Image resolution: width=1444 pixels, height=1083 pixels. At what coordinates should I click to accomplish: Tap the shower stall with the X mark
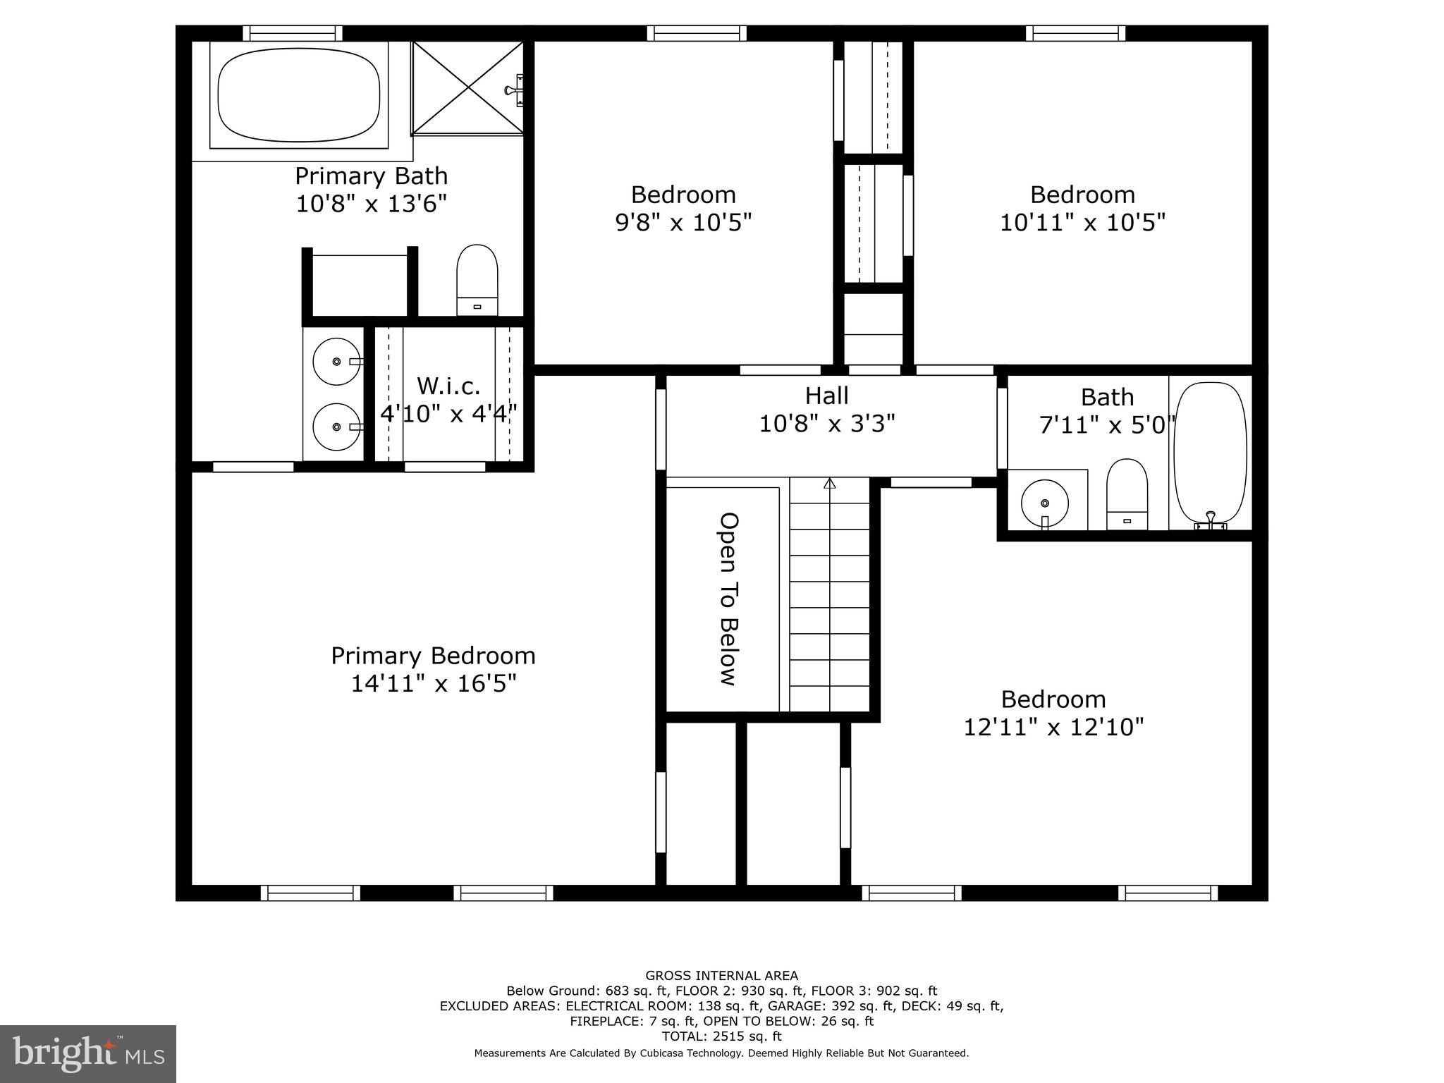pyautogui.click(x=468, y=87)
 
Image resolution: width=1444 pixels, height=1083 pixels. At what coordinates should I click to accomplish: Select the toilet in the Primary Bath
pyautogui.click(x=477, y=280)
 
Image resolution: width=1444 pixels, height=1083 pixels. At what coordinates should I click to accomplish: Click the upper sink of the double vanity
pyautogui.click(x=336, y=361)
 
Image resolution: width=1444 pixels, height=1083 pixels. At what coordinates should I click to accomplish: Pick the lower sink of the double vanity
pyautogui.click(x=336, y=427)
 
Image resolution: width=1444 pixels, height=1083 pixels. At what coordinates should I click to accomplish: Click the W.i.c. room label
pyautogui.click(x=448, y=386)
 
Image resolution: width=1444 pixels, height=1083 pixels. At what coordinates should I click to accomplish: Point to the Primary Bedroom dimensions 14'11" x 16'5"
pyautogui.click(x=434, y=683)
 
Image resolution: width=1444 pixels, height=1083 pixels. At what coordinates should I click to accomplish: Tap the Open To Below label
pyautogui.click(x=728, y=599)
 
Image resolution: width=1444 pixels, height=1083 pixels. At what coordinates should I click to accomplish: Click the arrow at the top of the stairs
pyautogui.click(x=830, y=484)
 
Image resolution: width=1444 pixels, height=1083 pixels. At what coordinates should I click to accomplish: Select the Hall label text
pyautogui.click(x=826, y=396)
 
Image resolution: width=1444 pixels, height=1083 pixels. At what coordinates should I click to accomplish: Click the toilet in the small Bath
pyautogui.click(x=1127, y=494)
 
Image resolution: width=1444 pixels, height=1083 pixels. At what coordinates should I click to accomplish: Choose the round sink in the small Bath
pyautogui.click(x=1045, y=503)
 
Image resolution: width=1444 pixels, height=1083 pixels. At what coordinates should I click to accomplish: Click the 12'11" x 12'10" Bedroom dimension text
pyautogui.click(x=1053, y=727)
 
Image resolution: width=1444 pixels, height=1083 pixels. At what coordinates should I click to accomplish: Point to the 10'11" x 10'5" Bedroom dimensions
pyautogui.click(x=1082, y=223)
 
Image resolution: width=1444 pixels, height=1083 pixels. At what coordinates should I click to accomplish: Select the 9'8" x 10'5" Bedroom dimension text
pyautogui.click(x=683, y=223)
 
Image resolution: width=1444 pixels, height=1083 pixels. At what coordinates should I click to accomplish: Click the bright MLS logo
pyautogui.click(x=88, y=1054)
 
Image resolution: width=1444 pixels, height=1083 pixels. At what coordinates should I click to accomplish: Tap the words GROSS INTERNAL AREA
pyautogui.click(x=721, y=976)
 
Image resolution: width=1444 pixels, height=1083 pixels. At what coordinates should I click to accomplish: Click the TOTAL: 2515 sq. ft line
pyautogui.click(x=721, y=1036)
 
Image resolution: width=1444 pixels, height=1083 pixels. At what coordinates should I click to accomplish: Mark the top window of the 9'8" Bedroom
pyautogui.click(x=696, y=33)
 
